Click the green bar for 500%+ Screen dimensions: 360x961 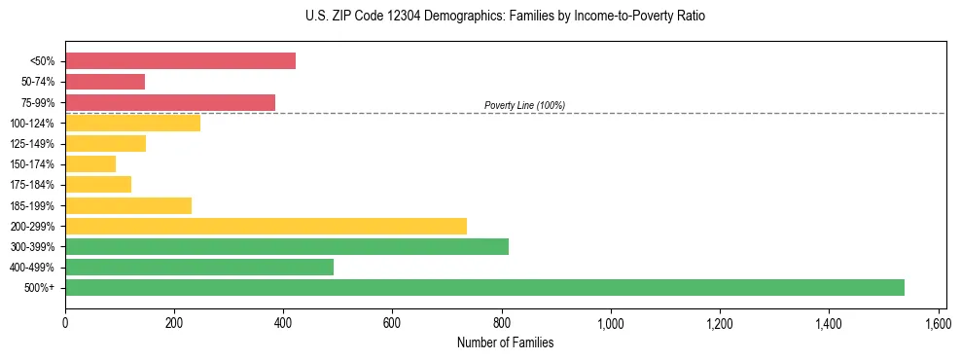[x=484, y=287]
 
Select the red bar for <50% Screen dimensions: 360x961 [x=180, y=61]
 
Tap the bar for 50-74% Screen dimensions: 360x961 [x=105, y=82]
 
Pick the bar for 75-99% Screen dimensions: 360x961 [x=170, y=102]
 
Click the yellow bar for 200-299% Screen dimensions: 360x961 [x=266, y=226]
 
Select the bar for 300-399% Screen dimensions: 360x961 [x=287, y=246]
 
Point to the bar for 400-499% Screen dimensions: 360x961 [x=199, y=267]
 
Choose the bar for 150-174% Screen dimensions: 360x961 [x=90, y=163]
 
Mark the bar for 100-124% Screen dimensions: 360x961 [x=132, y=123]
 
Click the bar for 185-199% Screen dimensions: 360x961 [x=128, y=205]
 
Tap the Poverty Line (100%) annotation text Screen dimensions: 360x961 [x=524, y=105]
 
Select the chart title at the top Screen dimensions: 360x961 [x=505, y=17]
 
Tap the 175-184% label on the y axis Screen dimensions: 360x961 [x=37, y=185]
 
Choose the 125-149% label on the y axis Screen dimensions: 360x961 [x=37, y=144]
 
